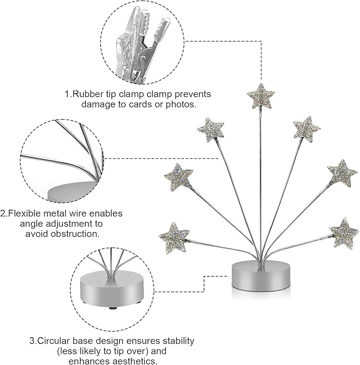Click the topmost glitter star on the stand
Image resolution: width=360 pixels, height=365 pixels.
click(260, 95)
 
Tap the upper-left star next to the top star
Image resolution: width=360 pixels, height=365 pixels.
click(210, 129)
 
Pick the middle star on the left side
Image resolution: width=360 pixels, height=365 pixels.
click(179, 176)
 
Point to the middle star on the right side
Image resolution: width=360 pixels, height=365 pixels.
click(341, 173)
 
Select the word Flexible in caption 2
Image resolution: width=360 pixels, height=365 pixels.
click(25, 213)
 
